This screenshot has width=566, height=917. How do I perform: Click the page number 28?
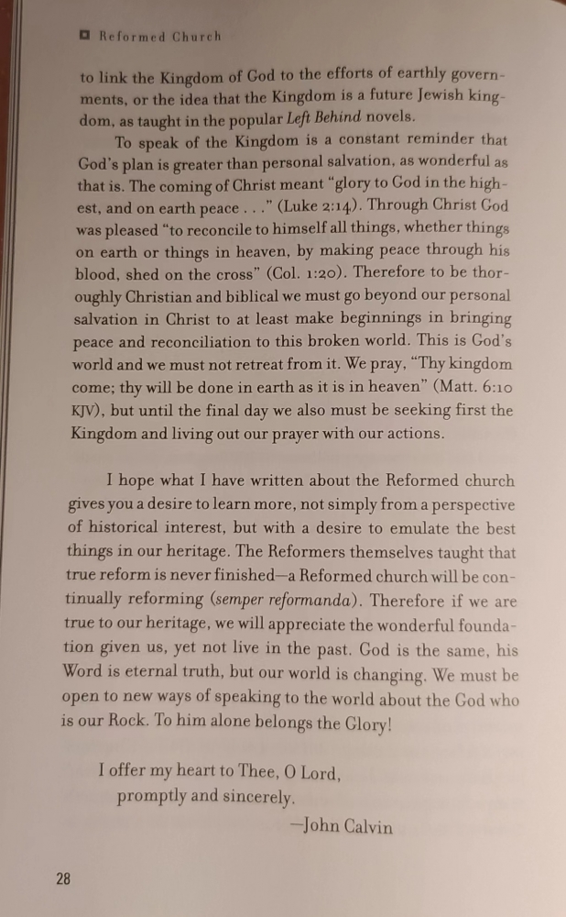coord(63,878)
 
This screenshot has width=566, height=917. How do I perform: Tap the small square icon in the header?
coord(84,36)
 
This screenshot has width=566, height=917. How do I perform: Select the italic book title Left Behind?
coord(324,117)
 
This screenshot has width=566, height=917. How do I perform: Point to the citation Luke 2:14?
coord(316,206)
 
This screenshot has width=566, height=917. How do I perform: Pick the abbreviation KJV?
coord(89,410)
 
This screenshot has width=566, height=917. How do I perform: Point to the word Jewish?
coord(435,95)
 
